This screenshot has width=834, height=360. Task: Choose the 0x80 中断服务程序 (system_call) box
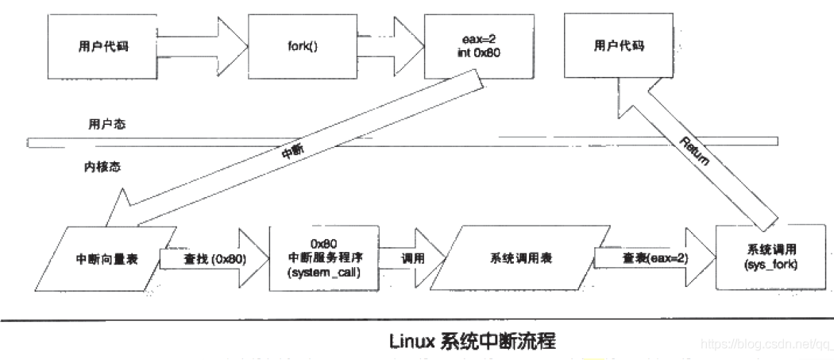[324, 257]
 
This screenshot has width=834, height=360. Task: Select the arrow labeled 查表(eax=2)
[646, 257]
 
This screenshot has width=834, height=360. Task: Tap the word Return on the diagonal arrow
[698, 151]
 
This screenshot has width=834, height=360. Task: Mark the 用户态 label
[107, 125]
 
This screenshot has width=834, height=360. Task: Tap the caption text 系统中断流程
[496, 342]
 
